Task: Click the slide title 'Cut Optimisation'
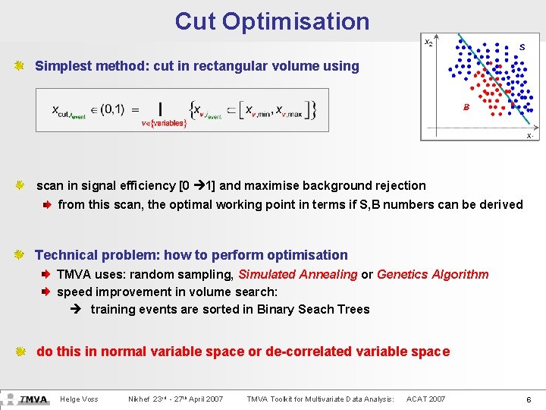point(272,21)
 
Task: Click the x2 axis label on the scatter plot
point(428,43)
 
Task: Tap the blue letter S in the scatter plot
point(522,47)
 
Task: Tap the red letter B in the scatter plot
point(466,107)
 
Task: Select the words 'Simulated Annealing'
point(297,274)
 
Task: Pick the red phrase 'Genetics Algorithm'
point(432,274)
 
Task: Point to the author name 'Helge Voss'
point(79,399)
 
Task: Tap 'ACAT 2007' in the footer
point(425,399)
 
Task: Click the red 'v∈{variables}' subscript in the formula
point(163,123)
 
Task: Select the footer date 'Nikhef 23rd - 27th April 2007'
point(176,399)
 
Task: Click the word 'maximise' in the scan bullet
point(278,185)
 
